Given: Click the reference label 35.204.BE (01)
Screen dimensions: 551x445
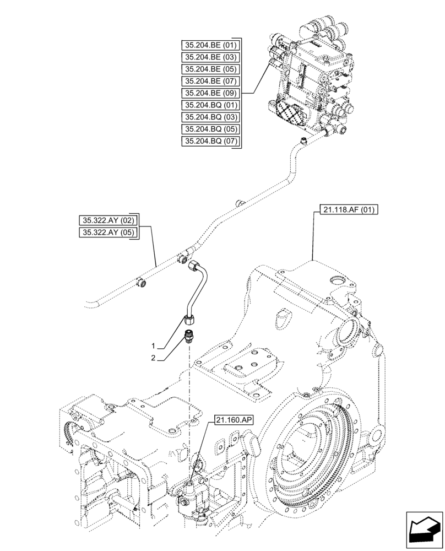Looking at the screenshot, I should click(x=211, y=45).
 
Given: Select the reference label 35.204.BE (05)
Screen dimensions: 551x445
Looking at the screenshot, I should click(x=211, y=69).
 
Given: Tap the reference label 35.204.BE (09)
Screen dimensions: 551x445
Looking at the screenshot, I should click(x=211, y=93).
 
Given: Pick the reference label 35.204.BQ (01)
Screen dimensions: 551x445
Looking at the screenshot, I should click(x=211, y=105).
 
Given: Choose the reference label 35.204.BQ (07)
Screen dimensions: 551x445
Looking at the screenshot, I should click(x=211, y=142).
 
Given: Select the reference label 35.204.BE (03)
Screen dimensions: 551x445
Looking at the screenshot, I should click(x=211, y=57).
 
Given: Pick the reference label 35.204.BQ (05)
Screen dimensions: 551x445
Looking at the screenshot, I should click(x=211, y=129).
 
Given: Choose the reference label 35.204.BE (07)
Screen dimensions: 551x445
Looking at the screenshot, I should click(x=211, y=82).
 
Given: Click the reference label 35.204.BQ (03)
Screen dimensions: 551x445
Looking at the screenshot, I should click(x=211, y=117).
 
